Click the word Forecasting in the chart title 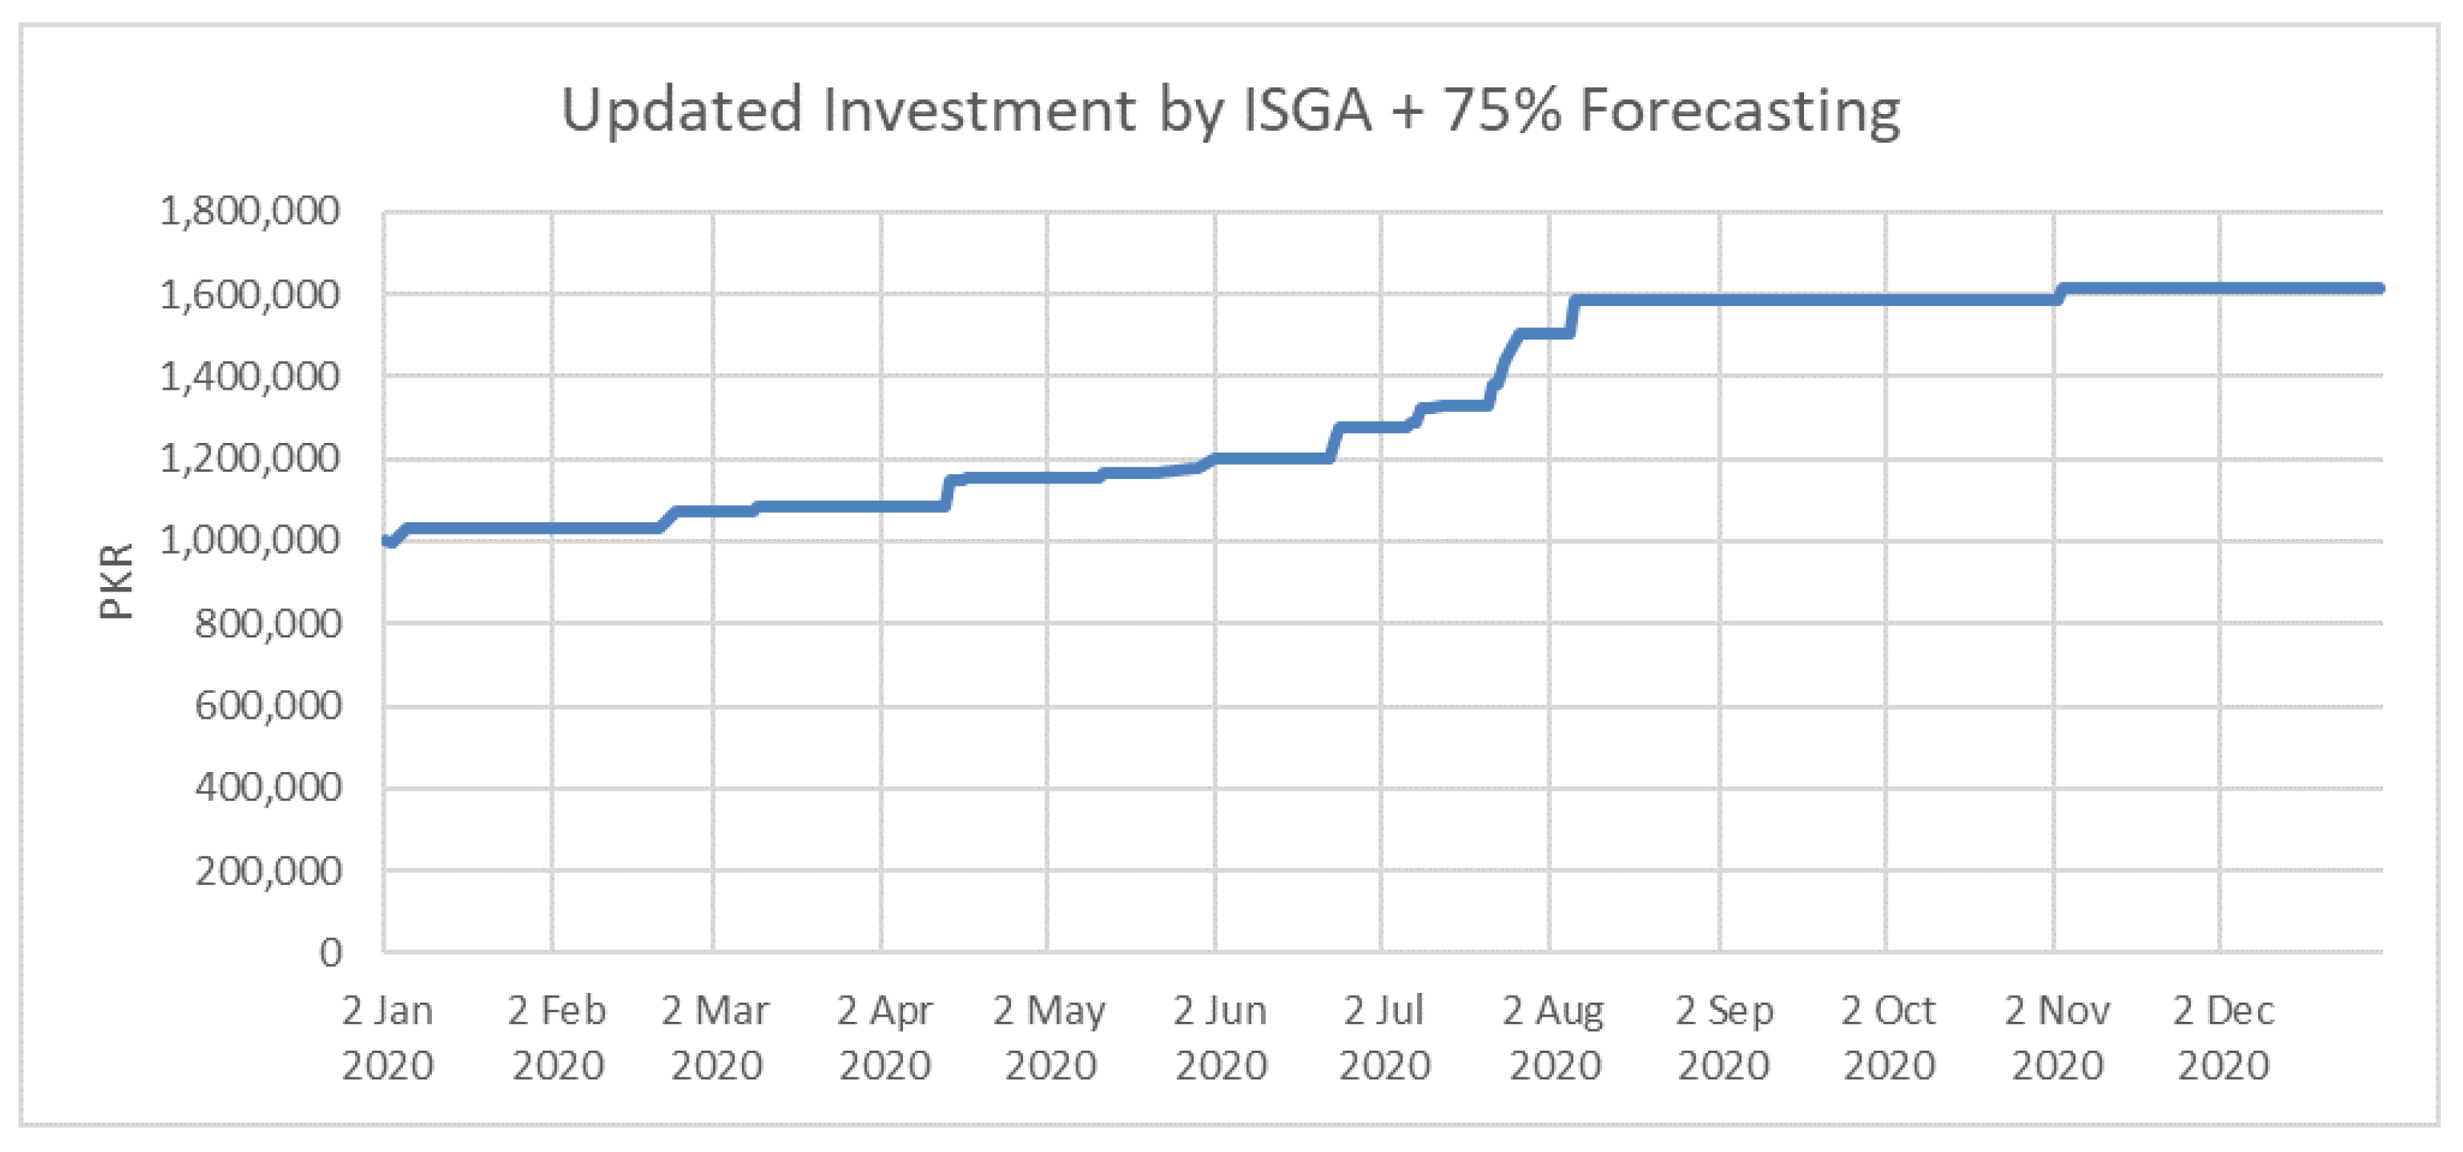click(1738, 111)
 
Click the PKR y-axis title click(117, 580)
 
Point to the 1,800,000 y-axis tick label click(249, 211)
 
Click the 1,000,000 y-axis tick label click(249, 541)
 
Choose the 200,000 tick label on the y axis click(268, 871)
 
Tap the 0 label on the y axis click(330, 953)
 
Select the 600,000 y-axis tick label click(268, 705)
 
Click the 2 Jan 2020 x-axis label click(388, 1037)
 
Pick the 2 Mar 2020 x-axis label click(715, 1037)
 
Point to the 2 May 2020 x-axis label click(1049, 1037)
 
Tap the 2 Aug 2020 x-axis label click(1553, 1037)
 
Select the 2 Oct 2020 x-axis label click(1888, 1037)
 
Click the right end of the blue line click(2379, 288)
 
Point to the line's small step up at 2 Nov click(2061, 294)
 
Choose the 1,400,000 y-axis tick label click(249, 376)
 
